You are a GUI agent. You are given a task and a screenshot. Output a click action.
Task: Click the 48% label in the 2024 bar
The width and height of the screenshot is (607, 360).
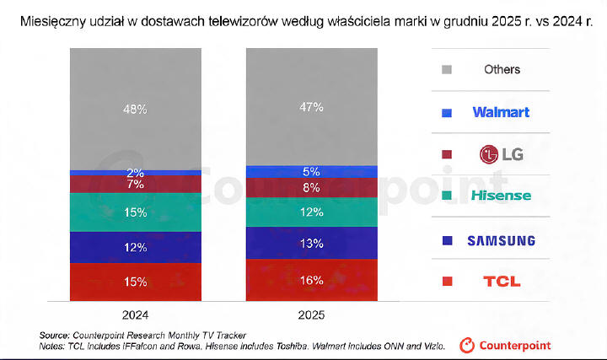(136, 109)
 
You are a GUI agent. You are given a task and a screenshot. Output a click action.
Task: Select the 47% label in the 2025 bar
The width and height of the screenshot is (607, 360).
(311, 107)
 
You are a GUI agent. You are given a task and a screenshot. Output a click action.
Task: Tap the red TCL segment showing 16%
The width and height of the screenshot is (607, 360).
(311, 280)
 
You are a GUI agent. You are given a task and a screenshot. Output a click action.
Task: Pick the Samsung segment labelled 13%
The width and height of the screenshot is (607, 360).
(311, 244)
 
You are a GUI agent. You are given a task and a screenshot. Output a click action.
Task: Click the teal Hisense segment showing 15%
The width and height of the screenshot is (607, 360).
(136, 213)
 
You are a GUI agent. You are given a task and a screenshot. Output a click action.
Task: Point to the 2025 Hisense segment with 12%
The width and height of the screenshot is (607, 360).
(311, 212)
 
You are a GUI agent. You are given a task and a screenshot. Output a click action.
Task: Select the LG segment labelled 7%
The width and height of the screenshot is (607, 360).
(136, 184)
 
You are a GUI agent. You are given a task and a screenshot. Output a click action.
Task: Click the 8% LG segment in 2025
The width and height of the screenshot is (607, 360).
(311, 188)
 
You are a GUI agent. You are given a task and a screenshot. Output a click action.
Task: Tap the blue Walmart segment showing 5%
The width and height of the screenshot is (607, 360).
(311, 172)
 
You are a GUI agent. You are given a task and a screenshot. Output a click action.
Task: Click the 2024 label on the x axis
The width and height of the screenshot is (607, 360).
(136, 314)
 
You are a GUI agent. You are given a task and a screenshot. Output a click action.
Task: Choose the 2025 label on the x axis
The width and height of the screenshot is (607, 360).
(311, 314)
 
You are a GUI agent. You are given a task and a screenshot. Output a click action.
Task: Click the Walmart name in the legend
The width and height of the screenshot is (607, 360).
(501, 111)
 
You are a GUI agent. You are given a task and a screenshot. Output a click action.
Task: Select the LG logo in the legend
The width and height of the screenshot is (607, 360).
(501, 153)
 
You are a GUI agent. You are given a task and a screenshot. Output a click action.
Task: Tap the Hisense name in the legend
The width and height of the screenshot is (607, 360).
(501, 196)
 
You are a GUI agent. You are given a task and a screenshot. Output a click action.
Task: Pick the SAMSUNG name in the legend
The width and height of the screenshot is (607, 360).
(501, 240)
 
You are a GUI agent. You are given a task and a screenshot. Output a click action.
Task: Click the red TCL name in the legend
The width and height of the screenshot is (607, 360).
(501, 282)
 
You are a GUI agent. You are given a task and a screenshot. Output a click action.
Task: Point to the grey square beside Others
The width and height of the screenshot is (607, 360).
(447, 69)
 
